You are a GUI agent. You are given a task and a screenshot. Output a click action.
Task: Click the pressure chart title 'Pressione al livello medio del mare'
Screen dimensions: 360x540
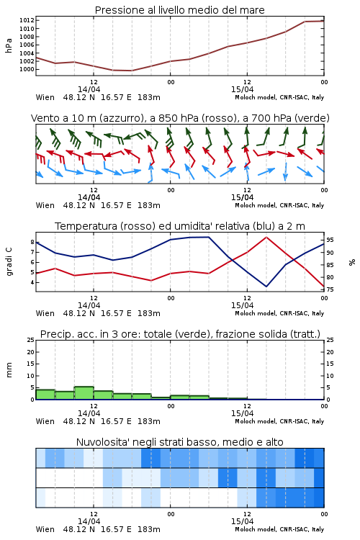click(x=179, y=10)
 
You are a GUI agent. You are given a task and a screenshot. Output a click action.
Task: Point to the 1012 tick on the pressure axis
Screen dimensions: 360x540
click(x=27, y=20)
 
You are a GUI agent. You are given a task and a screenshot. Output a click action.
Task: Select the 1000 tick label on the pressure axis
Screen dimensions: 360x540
click(x=27, y=70)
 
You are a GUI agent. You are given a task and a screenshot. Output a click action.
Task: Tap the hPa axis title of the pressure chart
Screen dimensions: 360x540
click(x=9, y=45)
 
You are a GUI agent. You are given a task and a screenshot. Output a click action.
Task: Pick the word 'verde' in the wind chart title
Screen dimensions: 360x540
click(x=311, y=118)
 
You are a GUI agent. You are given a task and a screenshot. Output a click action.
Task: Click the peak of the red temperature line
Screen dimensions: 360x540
click(x=266, y=238)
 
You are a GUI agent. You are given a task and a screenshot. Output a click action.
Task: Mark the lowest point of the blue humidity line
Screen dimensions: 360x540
click(x=266, y=286)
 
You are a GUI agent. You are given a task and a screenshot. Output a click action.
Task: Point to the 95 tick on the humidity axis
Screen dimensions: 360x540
click(x=330, y=240)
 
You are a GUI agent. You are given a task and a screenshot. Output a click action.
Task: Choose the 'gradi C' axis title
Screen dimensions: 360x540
click(x=9, y=261)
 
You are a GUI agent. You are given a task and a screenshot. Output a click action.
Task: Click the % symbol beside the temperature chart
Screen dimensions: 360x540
click(x=352, y=262)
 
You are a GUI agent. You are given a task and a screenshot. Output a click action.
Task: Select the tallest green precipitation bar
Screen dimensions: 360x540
click(x=84, y=393)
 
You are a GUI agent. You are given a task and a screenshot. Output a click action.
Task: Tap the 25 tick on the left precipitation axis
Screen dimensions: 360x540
click(x=31, y=340)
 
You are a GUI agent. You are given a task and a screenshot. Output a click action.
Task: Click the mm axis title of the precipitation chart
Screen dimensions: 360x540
click(x=9, y=370)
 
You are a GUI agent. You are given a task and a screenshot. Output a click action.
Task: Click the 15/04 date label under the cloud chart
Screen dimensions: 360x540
click(x=242, y=521)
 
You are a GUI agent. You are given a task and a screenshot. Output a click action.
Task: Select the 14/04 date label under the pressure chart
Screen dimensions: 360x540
click(x=89, y=89)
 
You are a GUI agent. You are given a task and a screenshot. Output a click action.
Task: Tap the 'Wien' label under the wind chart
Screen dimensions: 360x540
click(x=45, y=205)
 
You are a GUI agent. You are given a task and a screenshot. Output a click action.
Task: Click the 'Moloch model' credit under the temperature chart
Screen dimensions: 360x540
click(x=255, y=313)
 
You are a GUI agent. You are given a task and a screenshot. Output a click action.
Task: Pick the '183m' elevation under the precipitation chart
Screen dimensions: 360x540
click(x=149, y=421)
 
